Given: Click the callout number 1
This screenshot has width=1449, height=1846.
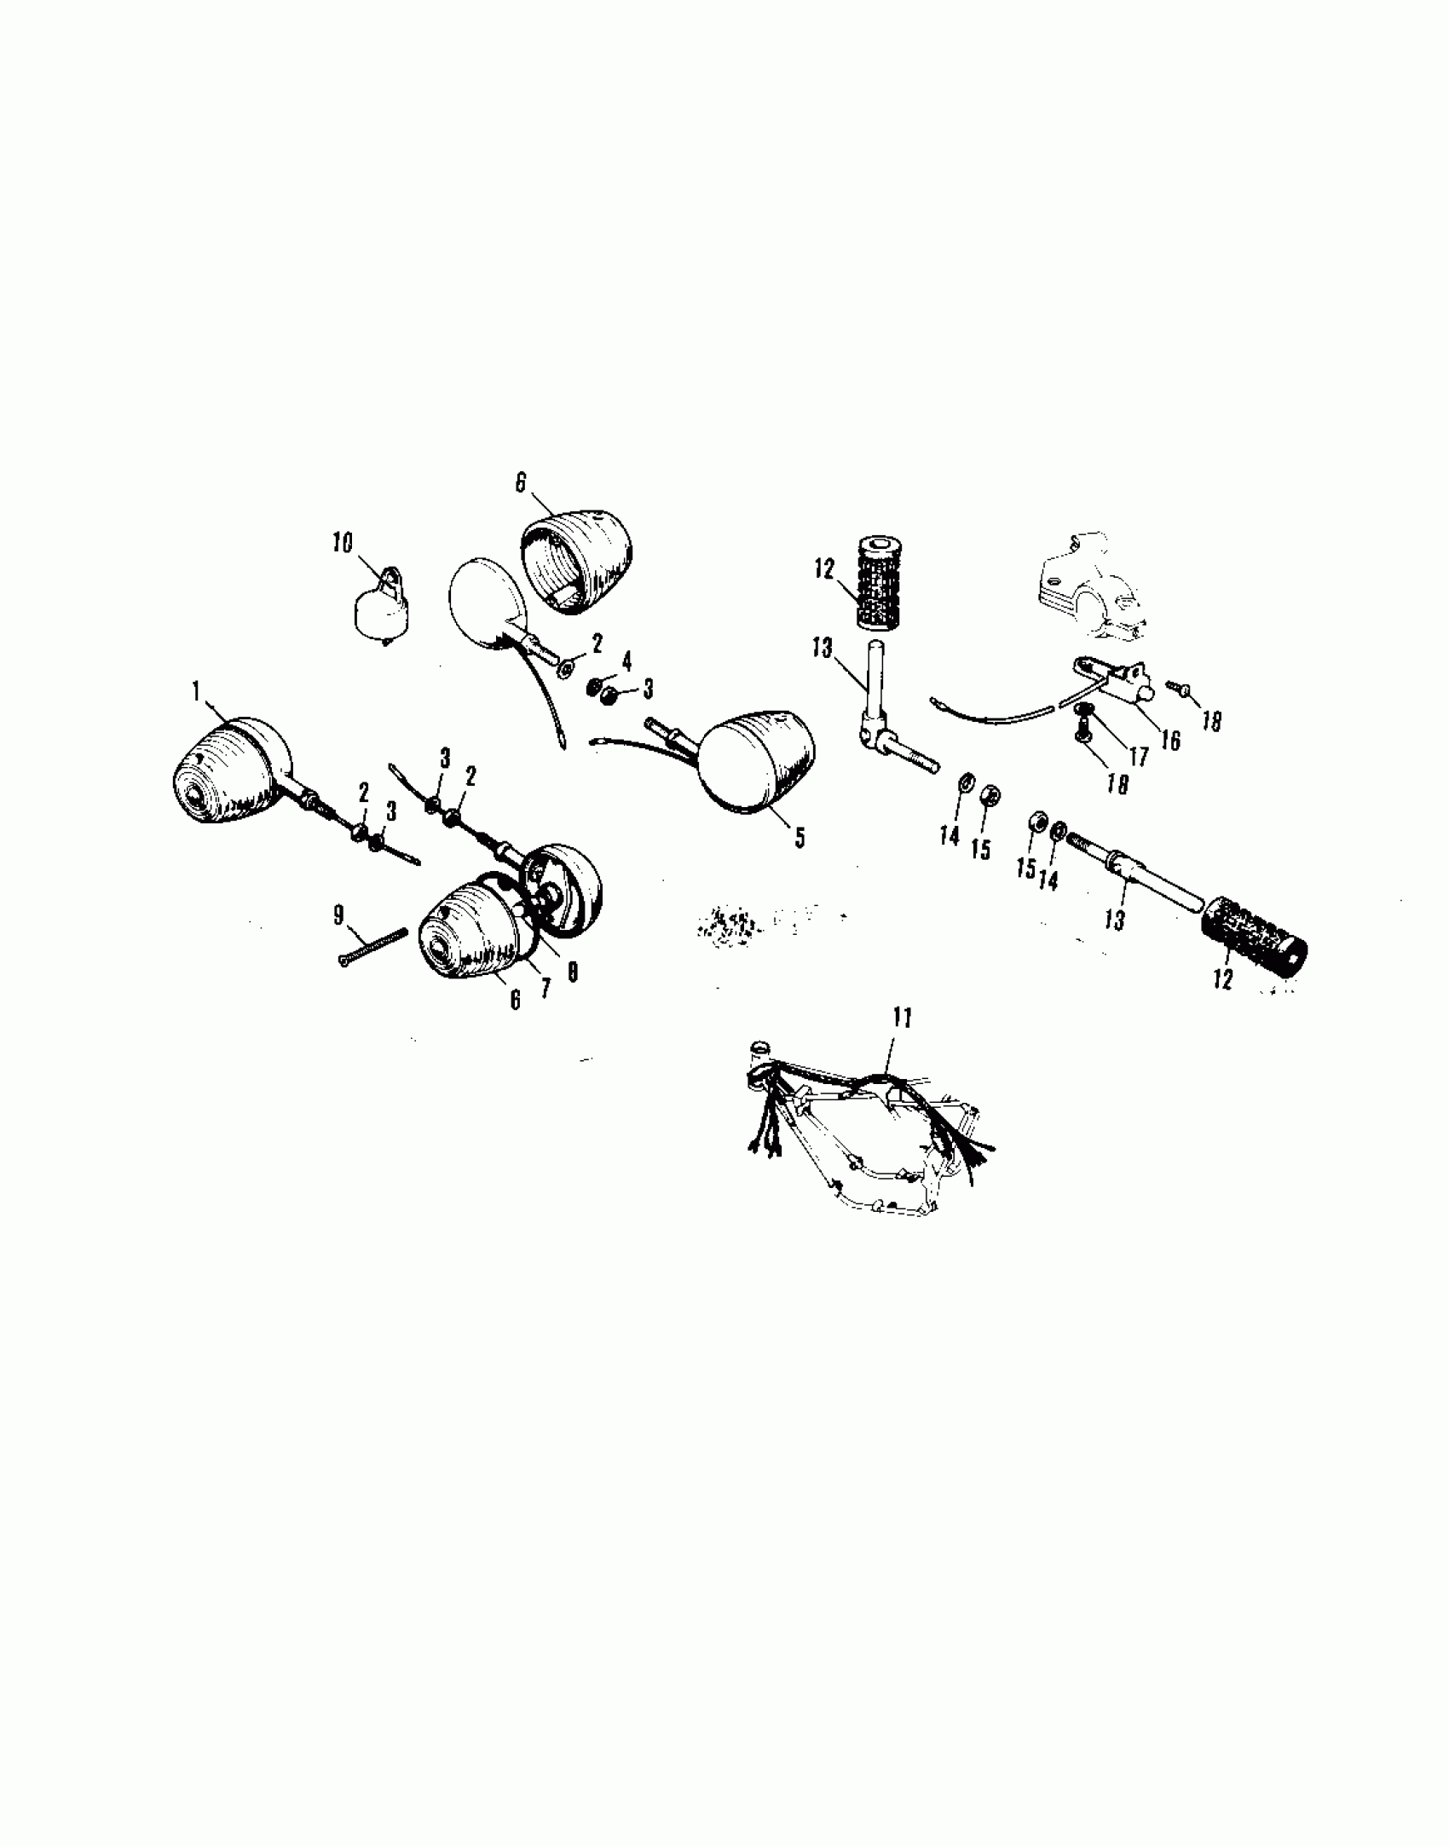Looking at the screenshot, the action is pos(197,691).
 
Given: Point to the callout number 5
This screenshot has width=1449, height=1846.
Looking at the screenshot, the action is pos(799,838).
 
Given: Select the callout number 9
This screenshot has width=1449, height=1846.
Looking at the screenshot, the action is pos(338,915).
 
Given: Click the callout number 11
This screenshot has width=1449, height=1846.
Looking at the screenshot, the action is pos(903,1017).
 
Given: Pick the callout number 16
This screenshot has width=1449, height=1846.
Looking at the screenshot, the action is pos(1171,741).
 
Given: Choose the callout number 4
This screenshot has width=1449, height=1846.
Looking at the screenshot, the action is pos(626,661).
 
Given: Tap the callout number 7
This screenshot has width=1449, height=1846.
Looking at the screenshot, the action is pos(545,988).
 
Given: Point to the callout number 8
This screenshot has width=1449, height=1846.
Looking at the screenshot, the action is pos(572,972).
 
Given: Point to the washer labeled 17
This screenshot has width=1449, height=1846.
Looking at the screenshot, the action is pos(1084,709).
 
